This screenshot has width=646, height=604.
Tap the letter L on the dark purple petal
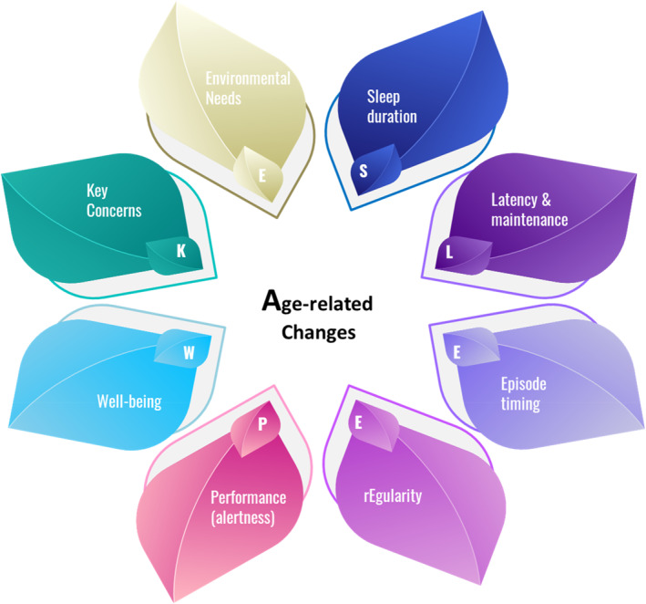pyautogui.click(x=449, y=251)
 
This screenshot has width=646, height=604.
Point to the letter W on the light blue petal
pyautogui.click(x=189, y=351)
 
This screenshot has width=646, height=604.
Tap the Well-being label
pyautogui.click(x=129, y=401)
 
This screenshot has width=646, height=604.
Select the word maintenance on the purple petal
pyautogui.click(x=529, y=219)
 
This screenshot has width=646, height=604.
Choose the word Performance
pyautogui.click(x=249, y=497)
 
